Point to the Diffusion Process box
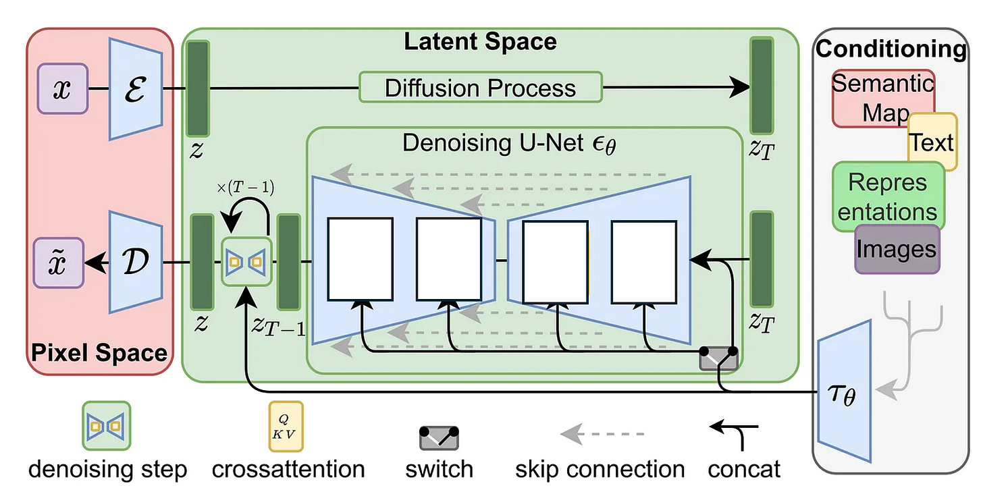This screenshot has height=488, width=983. click(480, 87)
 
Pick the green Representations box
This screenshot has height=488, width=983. click(887, 195)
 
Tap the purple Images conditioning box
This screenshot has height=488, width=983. click(897, 248)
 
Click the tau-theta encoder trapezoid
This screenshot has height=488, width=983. click(845, 394)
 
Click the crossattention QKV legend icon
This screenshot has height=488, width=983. click(286, 425)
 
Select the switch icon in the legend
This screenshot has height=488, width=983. click(440, 438)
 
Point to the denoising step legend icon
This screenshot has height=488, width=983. click(107, 426)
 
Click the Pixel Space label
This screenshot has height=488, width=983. click(99, 352)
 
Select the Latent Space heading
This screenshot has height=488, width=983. click(480, 42)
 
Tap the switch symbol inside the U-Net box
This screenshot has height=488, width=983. click(718, 358)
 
